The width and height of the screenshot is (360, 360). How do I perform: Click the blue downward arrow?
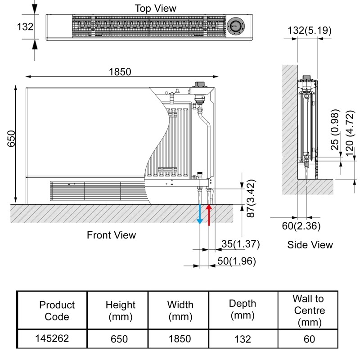201,215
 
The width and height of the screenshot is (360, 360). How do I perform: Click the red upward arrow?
209,214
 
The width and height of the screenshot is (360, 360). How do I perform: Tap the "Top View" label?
156,8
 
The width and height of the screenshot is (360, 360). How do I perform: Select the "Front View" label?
111,234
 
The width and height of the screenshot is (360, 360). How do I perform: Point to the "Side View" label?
310,244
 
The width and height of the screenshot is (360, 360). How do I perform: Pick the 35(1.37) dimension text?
241,244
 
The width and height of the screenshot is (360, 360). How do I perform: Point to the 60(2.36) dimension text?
301,226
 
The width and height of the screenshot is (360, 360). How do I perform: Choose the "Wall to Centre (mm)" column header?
309,310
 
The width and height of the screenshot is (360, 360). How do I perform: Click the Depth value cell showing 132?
242,339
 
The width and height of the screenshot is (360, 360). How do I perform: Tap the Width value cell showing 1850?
179,339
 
